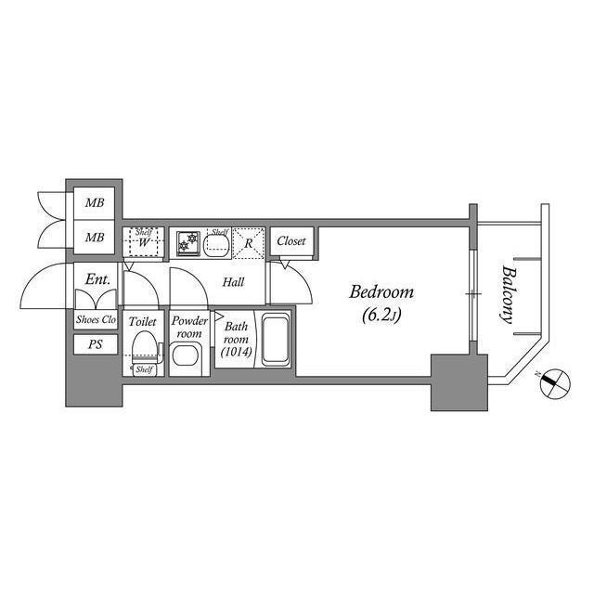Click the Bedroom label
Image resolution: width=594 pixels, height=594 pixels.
pos(381,292)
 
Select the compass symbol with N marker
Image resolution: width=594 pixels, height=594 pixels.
pos(555,383)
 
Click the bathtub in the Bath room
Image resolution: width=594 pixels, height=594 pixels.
pos(276,341)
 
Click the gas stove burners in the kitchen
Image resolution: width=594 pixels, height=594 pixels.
pos(188,243)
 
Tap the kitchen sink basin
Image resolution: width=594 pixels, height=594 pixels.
pos(216,245)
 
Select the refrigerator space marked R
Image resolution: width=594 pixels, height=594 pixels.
pos(249,243)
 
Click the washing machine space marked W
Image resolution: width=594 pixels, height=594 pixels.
pos(143,242)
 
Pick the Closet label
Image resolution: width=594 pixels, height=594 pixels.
pos(291,241)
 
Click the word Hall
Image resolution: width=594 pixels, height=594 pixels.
pos(233,282)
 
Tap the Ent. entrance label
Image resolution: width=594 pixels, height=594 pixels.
pos(97,279)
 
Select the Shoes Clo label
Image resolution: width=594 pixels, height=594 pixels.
pos(96,319)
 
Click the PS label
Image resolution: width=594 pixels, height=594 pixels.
pos(95,344)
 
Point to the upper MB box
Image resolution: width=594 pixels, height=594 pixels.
pos(95,203)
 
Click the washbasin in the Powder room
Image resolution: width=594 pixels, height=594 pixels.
pos(186,355)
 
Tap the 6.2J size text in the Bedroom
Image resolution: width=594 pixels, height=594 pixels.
pos(381,316)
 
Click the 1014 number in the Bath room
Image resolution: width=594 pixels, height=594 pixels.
pos(237,352)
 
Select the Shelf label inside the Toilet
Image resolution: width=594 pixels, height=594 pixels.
pos(144,369)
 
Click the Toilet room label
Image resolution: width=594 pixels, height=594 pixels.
pos(142,322)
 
